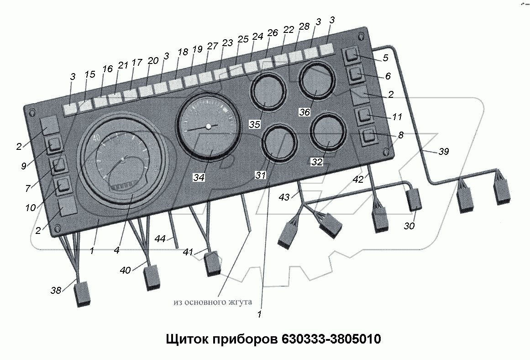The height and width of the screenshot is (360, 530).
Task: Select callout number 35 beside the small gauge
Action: tap(254, 124)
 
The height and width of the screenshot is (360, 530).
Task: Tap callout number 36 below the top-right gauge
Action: tap(304, 112)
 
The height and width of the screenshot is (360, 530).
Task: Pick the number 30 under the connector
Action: tap(409, 226)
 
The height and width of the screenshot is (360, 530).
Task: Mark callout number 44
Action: tap(160, 238)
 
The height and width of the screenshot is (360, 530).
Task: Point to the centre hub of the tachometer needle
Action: tap(208, 126)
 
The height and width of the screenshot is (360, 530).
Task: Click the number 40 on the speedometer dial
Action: tap(96, 138)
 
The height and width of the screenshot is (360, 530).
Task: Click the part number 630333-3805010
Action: tap(331, 339)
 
